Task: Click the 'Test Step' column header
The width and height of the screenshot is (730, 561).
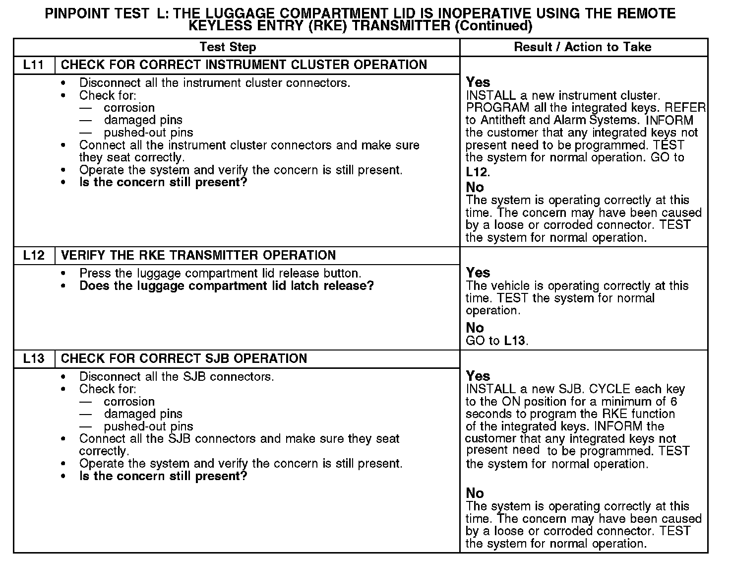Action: click(x=228, y=47)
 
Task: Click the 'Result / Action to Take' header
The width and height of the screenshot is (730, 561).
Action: click(x=583, y=47)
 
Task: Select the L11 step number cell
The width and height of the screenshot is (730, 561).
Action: click(x=34, y=65)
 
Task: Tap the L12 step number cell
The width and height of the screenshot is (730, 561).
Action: click(x=34, y=256)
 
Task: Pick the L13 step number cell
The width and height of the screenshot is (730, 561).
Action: click(x=34, y=359)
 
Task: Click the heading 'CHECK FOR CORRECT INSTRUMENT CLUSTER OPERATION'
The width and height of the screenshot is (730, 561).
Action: click(x=243, y=65)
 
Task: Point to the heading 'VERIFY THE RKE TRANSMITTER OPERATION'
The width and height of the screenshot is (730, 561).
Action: click(x=198, y=256)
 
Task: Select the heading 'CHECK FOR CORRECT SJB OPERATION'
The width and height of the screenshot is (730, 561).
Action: click(x=183, y=359)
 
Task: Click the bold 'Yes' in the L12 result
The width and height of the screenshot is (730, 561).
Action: click(x=478, y=273)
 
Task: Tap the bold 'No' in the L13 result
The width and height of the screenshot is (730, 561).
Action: click(x=475, y=493)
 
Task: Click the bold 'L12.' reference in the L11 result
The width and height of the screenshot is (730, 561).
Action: click(x=478, y=173)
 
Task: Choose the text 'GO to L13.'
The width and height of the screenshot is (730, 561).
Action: click(x=497, y=341)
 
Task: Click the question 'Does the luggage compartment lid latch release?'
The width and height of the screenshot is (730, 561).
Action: click(x=226, y=286)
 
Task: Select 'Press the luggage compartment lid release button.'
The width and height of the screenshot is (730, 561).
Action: click(x=220, y=274)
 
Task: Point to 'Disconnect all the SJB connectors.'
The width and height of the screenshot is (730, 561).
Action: click(x=177, y=377)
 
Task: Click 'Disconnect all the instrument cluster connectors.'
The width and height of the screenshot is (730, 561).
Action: click(x=215, y=83)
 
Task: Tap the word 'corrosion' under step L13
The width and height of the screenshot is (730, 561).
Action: click(x=129, y=402)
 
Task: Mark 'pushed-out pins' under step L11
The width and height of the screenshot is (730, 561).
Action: click(x=148, y=133)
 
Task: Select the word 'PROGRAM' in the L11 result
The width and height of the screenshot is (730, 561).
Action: click(x=490, y=108)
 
